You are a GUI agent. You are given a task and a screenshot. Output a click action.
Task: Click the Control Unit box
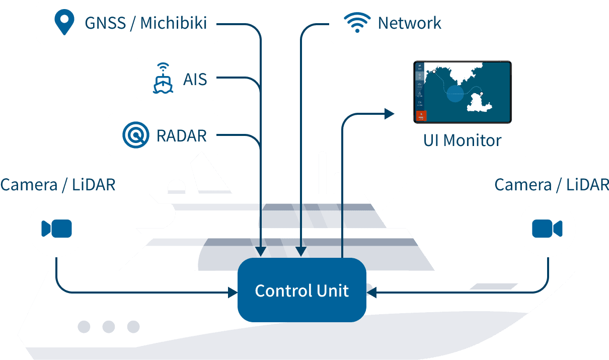point(301,291)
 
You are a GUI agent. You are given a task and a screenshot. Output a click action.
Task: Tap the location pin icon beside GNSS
point(64,23)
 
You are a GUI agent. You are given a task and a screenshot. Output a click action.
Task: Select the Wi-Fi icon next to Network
point(357,23)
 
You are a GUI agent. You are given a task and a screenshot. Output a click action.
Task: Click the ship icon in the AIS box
point(163,79)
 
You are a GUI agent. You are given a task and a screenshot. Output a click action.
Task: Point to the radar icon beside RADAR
point(136,135)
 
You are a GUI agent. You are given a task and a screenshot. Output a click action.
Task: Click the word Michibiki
point(174,23)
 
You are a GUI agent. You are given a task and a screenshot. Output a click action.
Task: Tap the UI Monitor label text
point(462,140)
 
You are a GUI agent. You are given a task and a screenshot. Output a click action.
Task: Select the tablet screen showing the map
point(462,92)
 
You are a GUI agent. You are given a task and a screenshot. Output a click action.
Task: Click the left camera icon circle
point(56,229)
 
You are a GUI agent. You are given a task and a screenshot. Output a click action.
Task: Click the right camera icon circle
point(547,229)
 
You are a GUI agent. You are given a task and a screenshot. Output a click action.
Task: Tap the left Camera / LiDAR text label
point(58,185)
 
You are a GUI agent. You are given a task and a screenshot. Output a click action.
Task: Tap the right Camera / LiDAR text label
point(551,185)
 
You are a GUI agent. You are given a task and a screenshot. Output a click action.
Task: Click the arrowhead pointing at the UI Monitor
point(390,114)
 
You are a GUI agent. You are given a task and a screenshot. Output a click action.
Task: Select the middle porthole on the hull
point(108,327)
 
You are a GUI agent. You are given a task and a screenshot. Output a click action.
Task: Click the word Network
point(409,23)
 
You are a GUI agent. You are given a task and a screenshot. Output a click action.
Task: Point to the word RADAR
point(182,136)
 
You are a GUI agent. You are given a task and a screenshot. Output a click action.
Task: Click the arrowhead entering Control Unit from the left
point(233,292)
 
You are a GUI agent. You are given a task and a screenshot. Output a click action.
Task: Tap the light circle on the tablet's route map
point(454,94)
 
